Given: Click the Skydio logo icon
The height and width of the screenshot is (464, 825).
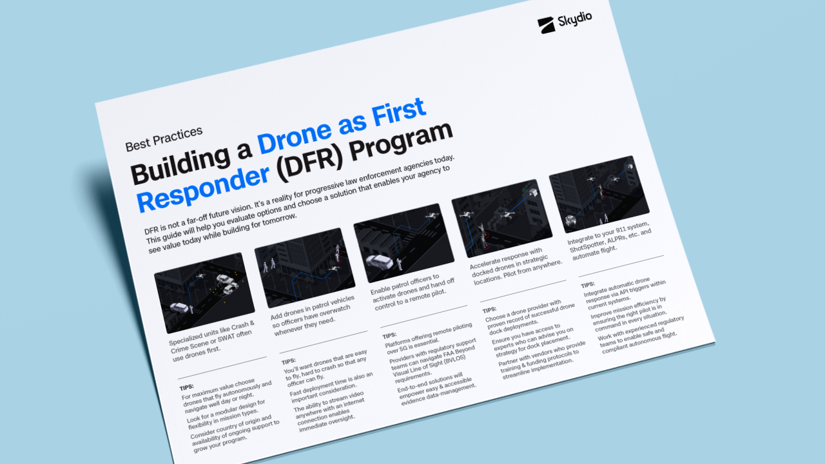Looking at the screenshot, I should [x=547, y=24].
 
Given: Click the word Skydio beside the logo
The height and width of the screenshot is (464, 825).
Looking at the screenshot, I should [x=575, y=20].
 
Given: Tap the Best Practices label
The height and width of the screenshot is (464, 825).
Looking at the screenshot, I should [x=164, y=138].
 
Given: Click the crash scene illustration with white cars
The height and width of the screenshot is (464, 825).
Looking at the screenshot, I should [x=204, y=291].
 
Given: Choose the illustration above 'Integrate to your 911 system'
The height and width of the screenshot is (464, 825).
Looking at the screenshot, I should [x=599, y=193].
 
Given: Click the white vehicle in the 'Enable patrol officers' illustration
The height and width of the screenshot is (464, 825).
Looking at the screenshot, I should [x=380, y=260].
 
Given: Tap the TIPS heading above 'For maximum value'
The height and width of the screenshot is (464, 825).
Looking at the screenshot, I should [x=186, y=388].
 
